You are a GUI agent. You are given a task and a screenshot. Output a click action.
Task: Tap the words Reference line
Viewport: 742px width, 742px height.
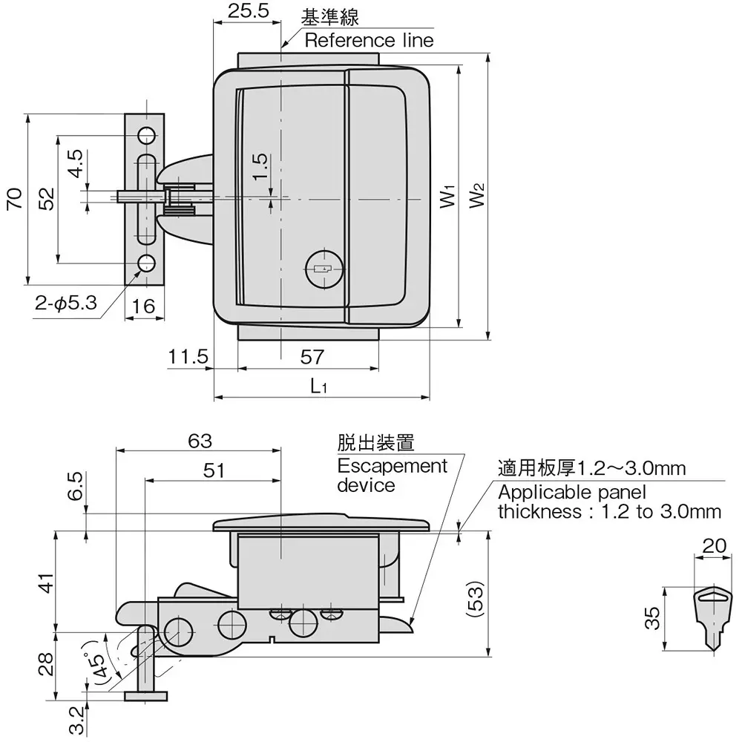coord(369,40)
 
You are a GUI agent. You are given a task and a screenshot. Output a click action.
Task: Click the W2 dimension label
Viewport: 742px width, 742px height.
coord(476,195)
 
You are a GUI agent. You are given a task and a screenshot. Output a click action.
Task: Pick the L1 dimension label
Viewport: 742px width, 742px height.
coord(320,386)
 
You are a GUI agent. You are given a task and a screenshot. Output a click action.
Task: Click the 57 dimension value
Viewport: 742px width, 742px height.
coord(313,357)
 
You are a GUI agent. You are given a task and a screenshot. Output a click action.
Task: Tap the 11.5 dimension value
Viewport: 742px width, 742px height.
coord(186,357)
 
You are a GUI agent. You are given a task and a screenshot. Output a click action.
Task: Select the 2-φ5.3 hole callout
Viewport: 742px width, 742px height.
coord(65,302)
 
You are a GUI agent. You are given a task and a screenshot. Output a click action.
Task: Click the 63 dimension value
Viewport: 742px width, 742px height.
coord(200,441)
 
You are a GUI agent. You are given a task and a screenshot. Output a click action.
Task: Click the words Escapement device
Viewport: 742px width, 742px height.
coord(392,475)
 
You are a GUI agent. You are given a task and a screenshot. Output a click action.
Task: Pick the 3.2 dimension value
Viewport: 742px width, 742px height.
coord(75,719)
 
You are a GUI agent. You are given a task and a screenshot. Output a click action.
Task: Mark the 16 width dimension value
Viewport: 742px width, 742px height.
coord(144,306)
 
